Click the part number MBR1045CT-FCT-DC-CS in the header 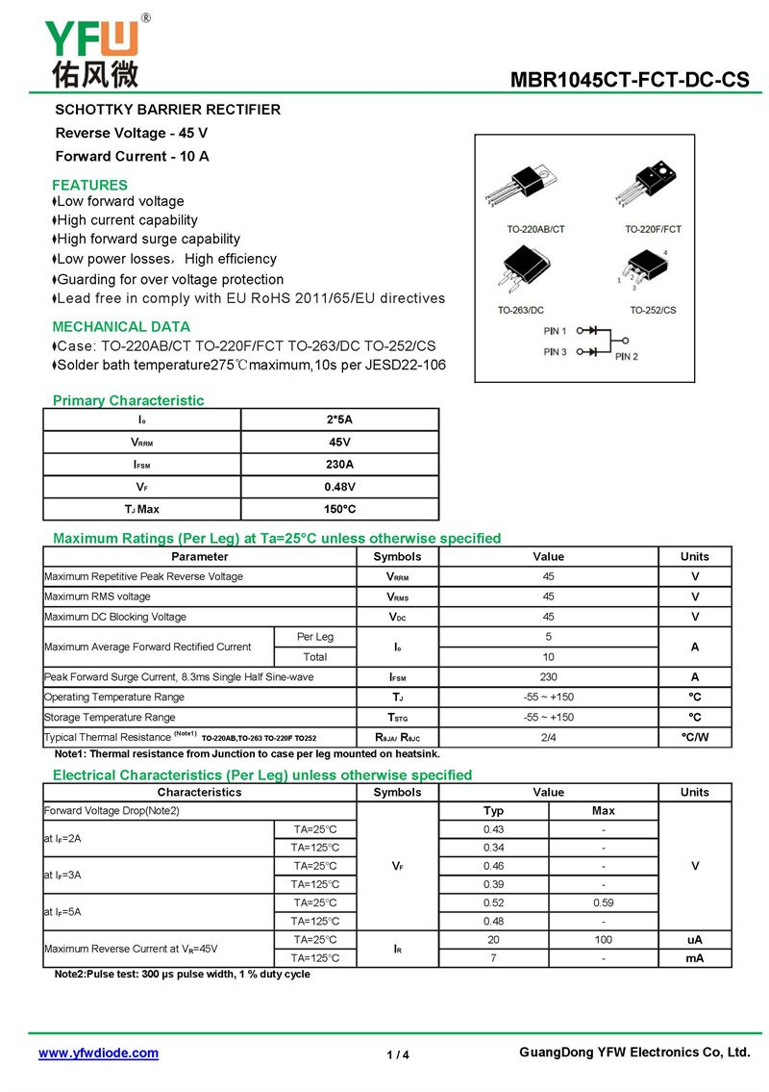pos(629,80)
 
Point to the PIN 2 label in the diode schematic pos(626,357)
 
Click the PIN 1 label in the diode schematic pos(555,330)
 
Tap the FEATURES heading pos(89,185)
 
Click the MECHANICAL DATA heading pos(121,326)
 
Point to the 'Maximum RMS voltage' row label pos(97,597)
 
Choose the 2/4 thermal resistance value pos(548,737)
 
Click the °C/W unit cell pos(694,737)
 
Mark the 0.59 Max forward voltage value pos(603,902)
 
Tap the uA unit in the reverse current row pos(694,939)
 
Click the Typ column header pos(493,811)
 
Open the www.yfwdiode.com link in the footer pos(98,1054)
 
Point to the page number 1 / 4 pos(398,1055)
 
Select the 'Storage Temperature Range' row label pos(110,717)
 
